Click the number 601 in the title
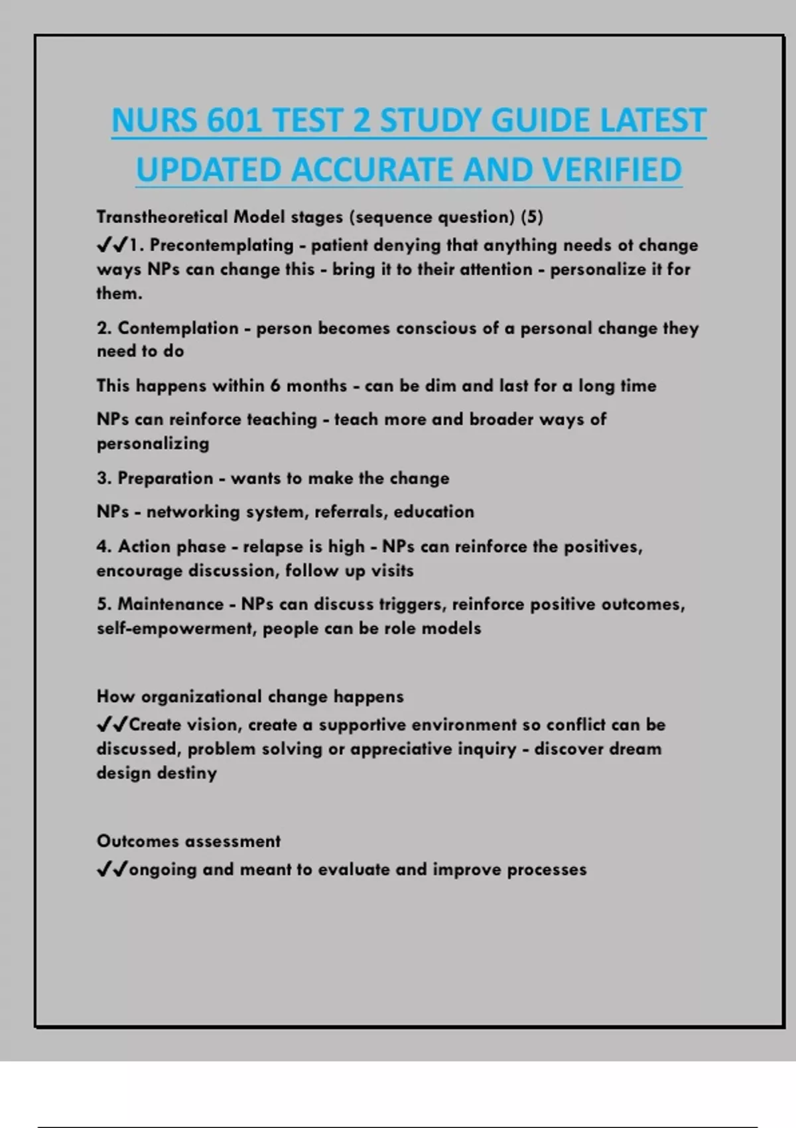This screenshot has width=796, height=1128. [234, 121]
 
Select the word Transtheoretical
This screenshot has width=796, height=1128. [162, 217]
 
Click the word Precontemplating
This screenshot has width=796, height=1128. [222, 246]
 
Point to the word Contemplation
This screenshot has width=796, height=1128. [178, 328]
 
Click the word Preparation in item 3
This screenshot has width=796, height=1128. [165, 478]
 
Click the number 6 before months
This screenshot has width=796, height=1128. [275, 386]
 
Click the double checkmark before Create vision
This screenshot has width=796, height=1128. [111, 725]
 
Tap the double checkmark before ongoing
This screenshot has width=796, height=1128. [111, 869]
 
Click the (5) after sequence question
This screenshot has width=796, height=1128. [532, 217]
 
